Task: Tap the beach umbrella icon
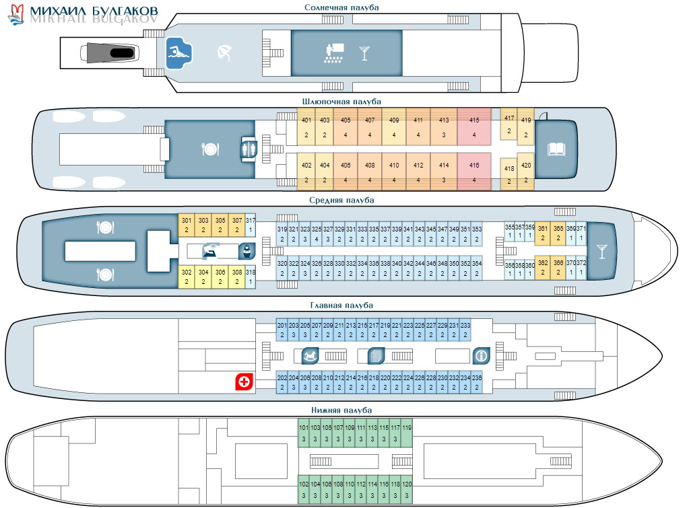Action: click(x=223, y=52)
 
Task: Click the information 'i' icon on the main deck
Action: click(x=480, y=355)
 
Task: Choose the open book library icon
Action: click(x=556, y=149)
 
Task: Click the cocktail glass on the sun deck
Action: click(x=364, y=52)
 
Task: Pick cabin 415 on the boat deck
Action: click(x=474, y=128)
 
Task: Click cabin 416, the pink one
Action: click(x=474, y=172)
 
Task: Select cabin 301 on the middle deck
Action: click(x=187, y=225)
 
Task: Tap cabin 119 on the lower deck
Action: click(x=406, y=433)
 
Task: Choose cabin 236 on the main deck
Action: click(x=477, y=382)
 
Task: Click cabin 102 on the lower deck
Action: click(x=304, y=490)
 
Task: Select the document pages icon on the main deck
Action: click(x=375, y=355)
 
